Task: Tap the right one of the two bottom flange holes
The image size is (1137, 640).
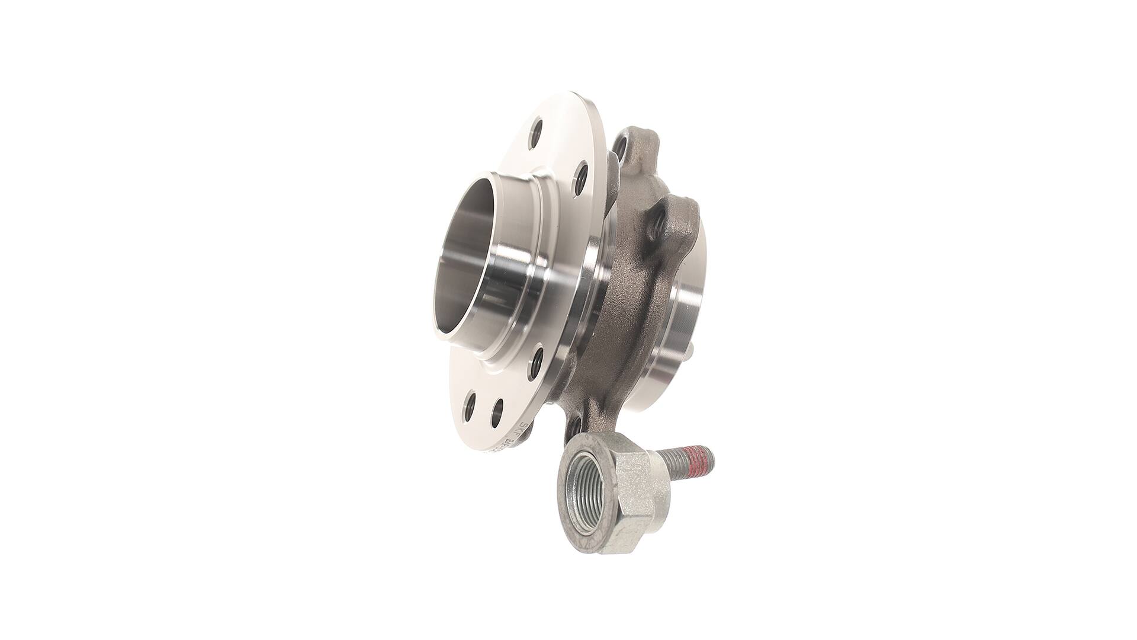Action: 497,410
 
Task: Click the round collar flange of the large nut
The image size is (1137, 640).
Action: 568,474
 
